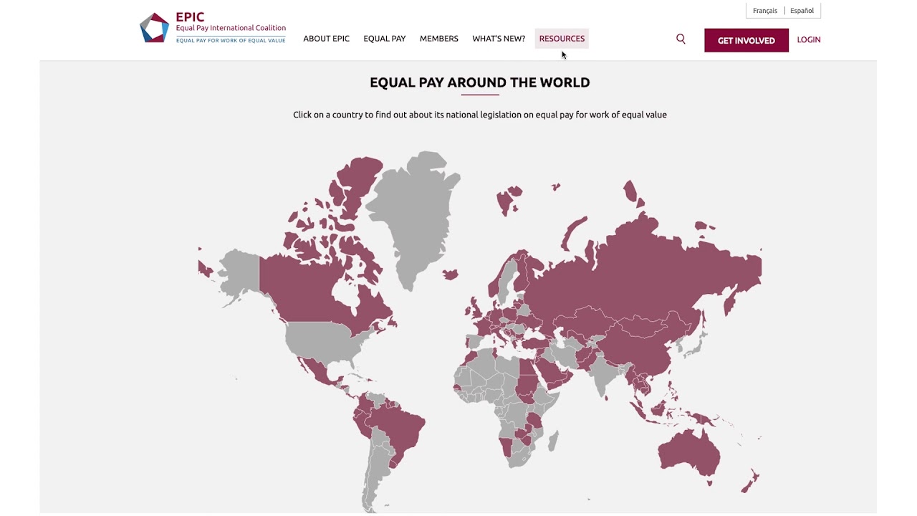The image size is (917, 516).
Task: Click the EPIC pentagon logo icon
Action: (154, 28)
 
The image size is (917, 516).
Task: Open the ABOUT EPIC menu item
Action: (326, 39)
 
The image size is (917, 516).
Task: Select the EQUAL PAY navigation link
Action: (384, 39)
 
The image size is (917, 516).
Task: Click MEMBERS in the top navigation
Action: (438, 39)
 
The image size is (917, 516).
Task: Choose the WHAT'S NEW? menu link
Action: (499, 39)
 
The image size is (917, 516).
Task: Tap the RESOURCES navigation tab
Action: (562, 39)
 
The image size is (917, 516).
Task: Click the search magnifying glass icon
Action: (681, 39)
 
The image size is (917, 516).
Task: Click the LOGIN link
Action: (809, 40)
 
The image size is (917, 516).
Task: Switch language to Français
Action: (765, 11)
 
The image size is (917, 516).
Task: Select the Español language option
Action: (802, 11)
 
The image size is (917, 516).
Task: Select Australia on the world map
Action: (688, 451)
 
